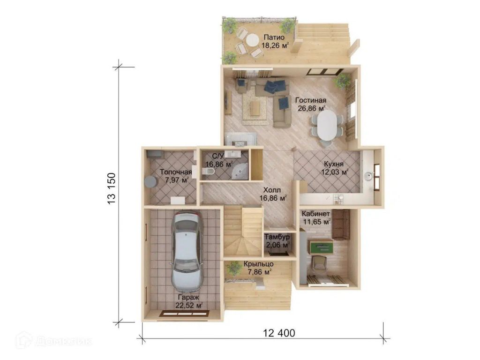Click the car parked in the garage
tap(187, 251)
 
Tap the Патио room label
tap(274, 37)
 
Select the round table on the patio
tap(252, 40)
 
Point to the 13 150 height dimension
tap(112, 189)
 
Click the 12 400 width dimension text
tap(279, 333)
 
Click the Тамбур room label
tap(277, 237)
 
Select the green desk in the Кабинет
tap(321, 247)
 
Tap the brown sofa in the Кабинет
tap(341, 225)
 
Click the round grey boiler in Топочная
tap(150, 181)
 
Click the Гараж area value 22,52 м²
tap(189, 305)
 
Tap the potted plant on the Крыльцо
tap(234, 268)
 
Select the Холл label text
tap(272, 190)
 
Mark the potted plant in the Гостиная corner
tap(342, 82)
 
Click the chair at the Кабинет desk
tap(319, 263)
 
